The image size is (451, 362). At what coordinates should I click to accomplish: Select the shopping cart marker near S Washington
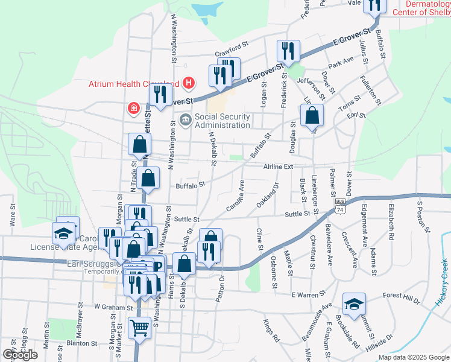139,328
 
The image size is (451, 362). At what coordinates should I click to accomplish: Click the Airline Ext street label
278,167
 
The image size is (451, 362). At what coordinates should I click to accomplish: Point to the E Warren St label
308,295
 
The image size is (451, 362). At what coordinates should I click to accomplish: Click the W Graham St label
112,307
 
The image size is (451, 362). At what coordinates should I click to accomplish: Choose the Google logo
20,355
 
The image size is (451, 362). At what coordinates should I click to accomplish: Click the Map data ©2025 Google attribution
413,357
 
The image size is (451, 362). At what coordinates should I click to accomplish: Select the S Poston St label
424,217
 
